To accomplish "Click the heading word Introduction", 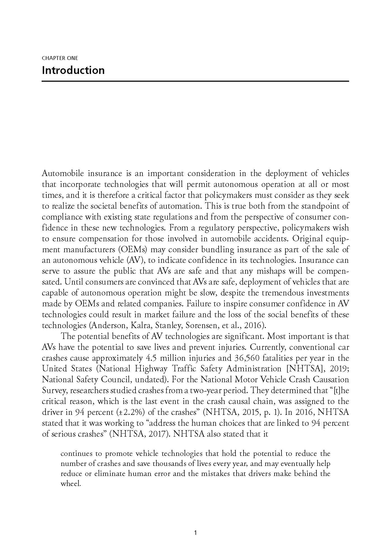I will click(x=73, y=70).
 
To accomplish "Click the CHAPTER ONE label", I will click(x=60, y=58).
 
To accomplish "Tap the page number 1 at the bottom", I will click(x=195, y=533).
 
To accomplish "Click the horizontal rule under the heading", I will click(x=195, y=81).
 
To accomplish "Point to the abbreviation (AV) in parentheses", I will click(x=135, y=260).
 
